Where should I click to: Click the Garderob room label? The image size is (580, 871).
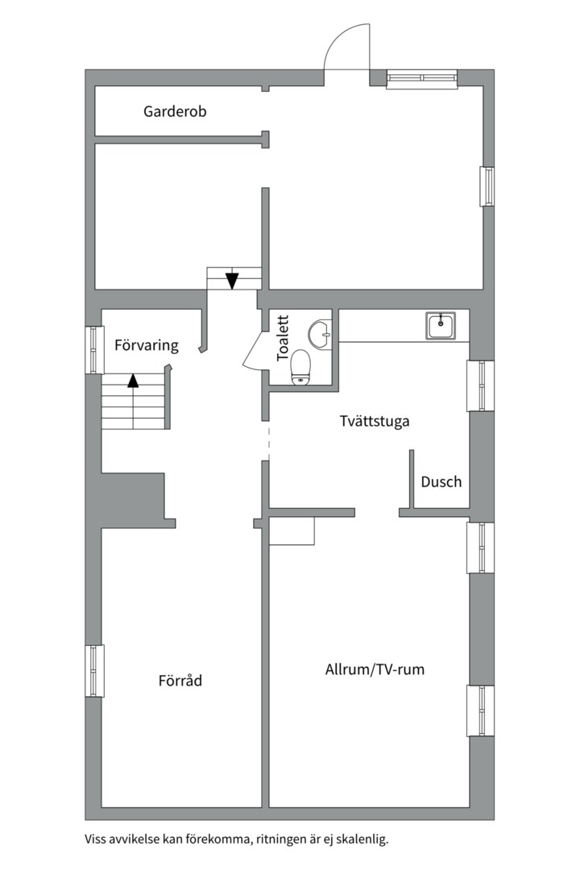click(x=175, y=111)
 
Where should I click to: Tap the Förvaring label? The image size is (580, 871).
click(x=147, y=345)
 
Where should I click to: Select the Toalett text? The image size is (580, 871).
click(x=283, y=338)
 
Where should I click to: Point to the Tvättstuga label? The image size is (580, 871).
click(x=375, y=421)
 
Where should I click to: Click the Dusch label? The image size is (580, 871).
click(x=441, y=481)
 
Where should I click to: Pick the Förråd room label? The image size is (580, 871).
click(x=180, y=681)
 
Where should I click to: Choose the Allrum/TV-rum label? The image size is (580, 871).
click(x=375, y=669)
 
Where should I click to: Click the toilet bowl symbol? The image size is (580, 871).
click(x=300, y=367)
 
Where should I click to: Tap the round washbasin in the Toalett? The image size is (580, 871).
click(x=320, y=335)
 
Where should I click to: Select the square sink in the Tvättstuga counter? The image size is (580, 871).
click(x=441, y=326)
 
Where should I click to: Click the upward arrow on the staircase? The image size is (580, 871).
click(x=133, y=381)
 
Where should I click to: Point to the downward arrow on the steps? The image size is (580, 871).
click(x=232, y=281)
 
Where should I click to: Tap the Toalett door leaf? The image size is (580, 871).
click(x=252, y=350)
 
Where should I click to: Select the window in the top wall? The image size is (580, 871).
click(x=422, y=79)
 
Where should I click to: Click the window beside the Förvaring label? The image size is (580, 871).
click(x=95, y=350)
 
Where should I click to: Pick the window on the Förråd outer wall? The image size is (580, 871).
click(x=95, y=671)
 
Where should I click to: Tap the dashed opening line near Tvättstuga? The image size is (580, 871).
click(x=268, y=443)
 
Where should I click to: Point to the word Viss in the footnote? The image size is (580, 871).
click(x=95, y=839)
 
